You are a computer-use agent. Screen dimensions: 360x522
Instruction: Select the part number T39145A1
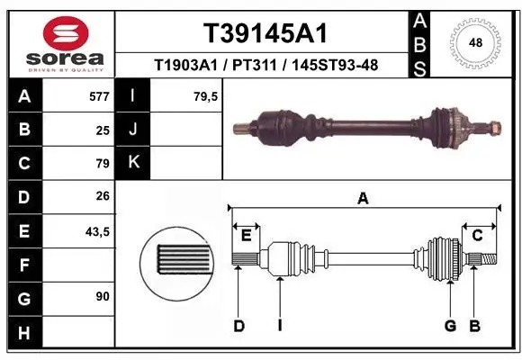(x=264, y=34)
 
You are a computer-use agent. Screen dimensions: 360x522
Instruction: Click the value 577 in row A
(x=99, y=96)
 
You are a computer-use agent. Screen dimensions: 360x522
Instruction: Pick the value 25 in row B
(x=103, y=130)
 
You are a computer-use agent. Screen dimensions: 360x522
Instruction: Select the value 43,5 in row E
(x=97, y=231)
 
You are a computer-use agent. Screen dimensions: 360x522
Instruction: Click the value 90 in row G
(x=103, y=296)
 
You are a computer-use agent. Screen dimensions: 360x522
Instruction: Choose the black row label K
(x=133, y=163)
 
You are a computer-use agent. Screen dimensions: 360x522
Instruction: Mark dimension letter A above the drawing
(x=363, y=199)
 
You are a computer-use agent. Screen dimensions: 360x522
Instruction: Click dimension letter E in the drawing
(x=245, y=236)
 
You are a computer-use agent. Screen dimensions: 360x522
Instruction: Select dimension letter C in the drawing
(x=478, y=236)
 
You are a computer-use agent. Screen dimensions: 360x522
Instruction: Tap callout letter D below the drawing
(x=238, y=326)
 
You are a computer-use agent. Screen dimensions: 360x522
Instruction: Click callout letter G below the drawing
(x=450, y=326)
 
